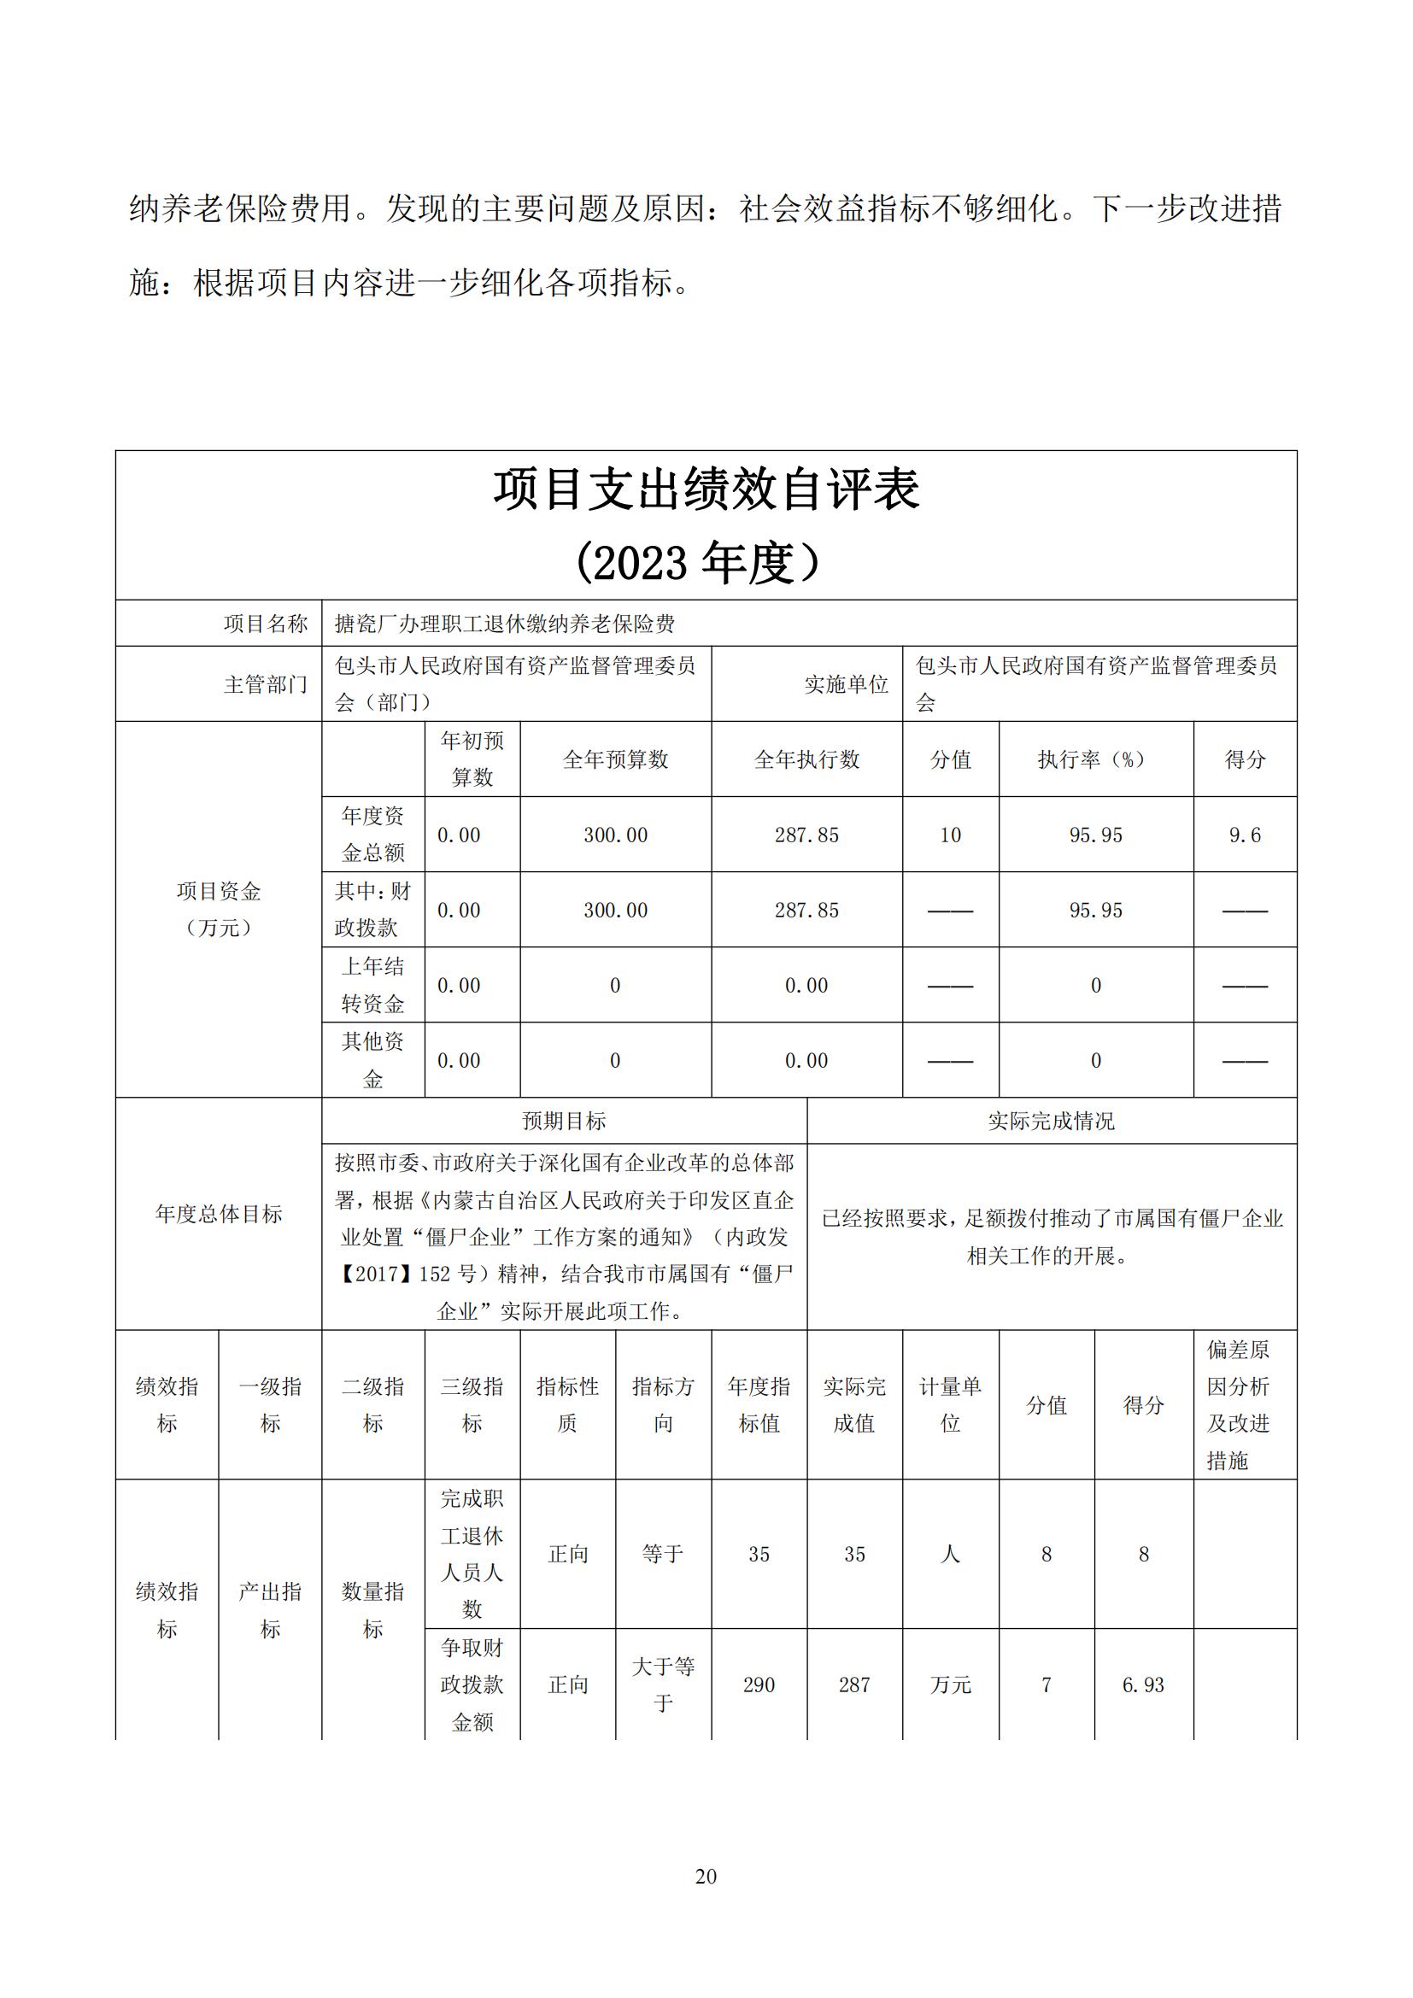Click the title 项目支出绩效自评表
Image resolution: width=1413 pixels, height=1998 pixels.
(706, 489)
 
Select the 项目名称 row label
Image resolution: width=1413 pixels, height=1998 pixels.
(266, 623)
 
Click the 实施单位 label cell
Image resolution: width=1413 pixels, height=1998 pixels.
(846, 684)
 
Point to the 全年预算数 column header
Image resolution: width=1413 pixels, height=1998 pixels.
(615, 759)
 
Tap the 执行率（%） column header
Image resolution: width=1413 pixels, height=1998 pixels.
(1095, 759)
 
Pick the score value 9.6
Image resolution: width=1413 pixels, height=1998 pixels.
(1244, 835)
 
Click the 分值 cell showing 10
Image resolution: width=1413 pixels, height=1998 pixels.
(950, 835)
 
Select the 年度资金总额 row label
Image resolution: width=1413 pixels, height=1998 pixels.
(372, 835)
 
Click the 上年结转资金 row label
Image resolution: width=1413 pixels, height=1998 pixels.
(372, 985)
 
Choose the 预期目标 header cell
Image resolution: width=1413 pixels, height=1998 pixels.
(564, 1121)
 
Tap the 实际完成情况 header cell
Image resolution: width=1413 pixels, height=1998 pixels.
(1051, 1121)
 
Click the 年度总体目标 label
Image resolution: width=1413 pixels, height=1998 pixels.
(219, 1214)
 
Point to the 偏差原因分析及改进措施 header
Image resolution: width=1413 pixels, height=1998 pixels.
(1238, 1404)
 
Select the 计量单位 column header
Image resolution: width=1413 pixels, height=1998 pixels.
(950, 1404)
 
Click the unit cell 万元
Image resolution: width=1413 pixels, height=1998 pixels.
(950, 1685)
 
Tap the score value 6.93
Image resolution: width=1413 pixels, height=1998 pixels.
(1143, 1685)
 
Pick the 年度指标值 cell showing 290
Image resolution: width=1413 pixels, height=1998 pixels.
(759, 1685)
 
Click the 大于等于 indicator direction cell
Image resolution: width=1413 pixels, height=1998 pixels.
(663, 1685)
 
